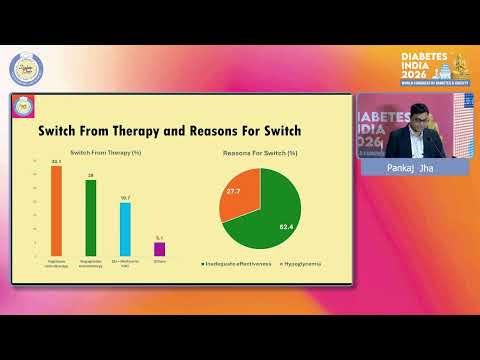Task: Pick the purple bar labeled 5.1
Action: [159, 248]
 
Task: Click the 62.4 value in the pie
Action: [285, 226]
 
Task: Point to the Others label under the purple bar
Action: [159, 262]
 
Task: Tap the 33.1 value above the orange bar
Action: [56, 161]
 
